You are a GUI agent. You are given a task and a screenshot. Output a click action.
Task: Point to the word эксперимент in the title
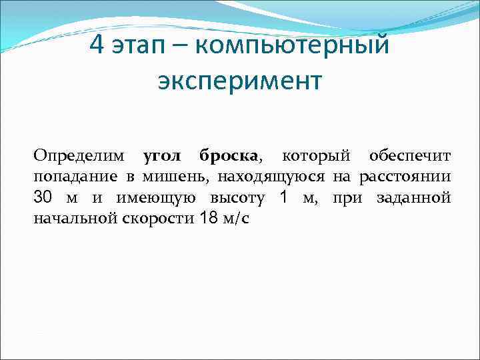[240, 81]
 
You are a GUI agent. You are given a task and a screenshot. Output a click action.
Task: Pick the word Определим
[79, 156]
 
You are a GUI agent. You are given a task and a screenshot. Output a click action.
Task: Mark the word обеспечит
[410, 156]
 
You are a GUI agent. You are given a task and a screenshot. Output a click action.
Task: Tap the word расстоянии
[405, 177]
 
